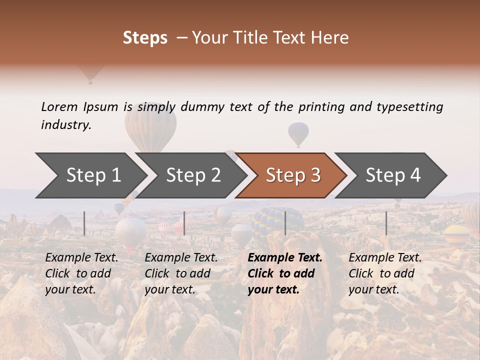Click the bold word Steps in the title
tap(145, 38)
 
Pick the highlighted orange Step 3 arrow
tap(293, 175)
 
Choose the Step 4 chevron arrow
tap(393, 175)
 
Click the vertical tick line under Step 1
tap(84, 223)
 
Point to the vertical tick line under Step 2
tap(184, 223)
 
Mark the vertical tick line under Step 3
tap(285, 223)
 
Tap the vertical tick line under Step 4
tap(386, 223)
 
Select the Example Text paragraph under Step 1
tap(81, 273)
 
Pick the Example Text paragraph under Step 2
tap(181, 273)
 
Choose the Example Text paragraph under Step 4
tap(385, 273)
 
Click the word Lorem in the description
tap(59, 106)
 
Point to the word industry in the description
tap(66, 124)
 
